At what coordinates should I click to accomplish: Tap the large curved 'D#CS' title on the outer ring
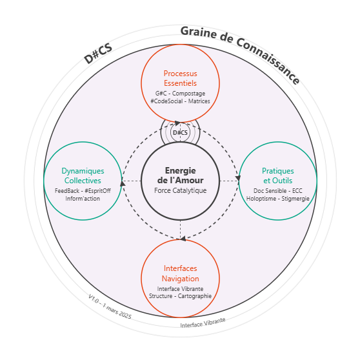point(98,54)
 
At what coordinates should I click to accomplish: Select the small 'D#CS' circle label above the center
point(180,133)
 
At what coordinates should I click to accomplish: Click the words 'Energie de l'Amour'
point(180,175)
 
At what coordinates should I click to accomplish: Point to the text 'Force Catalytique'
point(180,190)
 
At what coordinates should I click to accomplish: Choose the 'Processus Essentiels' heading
point(180,78)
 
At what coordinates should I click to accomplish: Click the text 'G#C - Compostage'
point(180,94)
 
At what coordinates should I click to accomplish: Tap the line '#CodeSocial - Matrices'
point(180,101)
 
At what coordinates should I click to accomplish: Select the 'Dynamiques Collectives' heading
point(83,175)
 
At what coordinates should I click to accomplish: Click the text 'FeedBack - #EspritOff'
point(83,191)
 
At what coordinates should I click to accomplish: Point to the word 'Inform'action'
point(83,199)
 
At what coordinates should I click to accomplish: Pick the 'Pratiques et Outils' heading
point(278,175)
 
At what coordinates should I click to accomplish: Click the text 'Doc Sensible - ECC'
point(278,191)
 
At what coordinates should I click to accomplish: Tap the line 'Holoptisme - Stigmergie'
point(278,199)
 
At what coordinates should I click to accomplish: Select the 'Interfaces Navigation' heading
point(180,274)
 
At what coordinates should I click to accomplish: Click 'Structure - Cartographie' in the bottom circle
point(180,296)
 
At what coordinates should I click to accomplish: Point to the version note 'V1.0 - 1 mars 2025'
point(110,306)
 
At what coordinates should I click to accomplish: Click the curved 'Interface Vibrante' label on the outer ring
point(203,323)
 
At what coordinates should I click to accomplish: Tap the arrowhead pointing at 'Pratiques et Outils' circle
point(238,178)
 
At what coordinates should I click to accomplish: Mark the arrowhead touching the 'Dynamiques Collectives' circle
point(123,183)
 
